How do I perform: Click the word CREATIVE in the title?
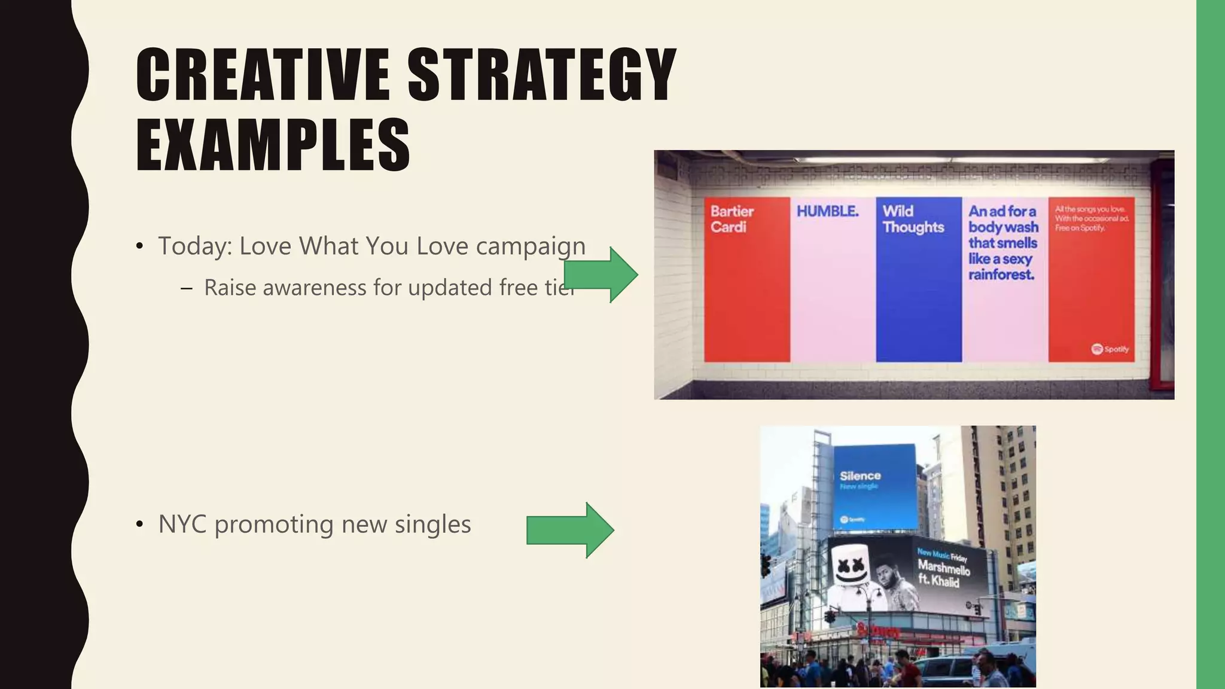(x=263, y=75)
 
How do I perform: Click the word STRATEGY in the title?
(x=542, y=75)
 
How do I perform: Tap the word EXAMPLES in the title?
(x=273, y=145)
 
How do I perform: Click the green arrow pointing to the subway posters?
(x=602, y=275)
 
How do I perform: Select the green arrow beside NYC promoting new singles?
(x=570, y=530)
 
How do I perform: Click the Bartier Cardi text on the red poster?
(x=732, y=219)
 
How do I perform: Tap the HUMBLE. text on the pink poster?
(x=827, y=211)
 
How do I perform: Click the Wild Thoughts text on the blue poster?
(x=913, y=219)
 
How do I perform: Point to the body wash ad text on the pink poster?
(x=1003, y=243)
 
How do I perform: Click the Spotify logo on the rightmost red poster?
(x=1110, y=349)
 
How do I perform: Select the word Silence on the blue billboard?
(x=860, y=476)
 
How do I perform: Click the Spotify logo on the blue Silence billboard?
(x=852, y=519)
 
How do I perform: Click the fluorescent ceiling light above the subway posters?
(x=951, y=160)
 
